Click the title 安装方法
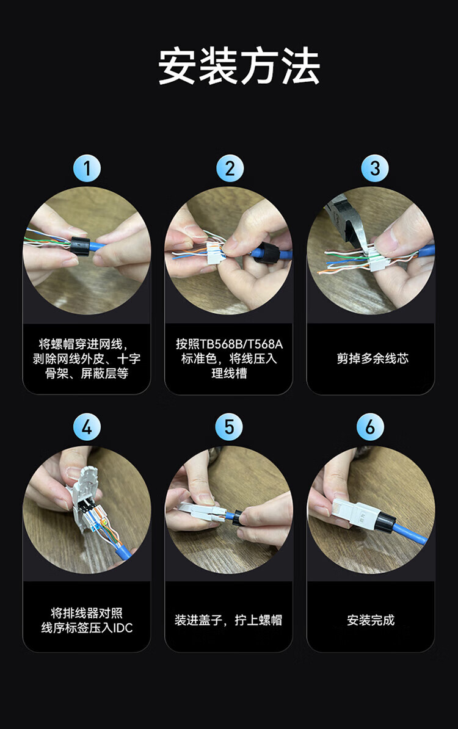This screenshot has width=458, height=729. [239, 67]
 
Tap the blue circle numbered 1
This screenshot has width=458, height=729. [87, 169]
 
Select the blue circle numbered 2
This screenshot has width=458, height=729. [230, 169]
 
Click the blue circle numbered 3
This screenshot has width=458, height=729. [375, 169]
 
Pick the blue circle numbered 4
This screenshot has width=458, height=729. [87, 427]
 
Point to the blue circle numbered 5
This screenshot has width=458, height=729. [229, 427]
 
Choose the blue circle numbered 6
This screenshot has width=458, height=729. [370, 427]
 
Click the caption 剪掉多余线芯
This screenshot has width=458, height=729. [373, 358]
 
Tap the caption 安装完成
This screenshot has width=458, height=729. [371, 620]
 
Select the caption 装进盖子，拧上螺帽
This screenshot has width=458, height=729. [228, 620]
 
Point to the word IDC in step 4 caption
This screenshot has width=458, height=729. [123, 628]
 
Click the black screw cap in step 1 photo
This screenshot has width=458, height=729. [80, 245]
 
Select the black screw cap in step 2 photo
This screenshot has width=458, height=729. [266, 252]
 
